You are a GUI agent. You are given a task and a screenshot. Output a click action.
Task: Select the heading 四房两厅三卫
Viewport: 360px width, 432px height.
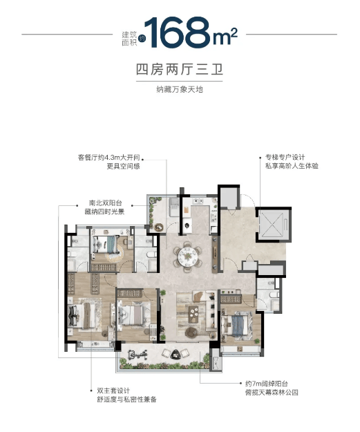[x=180, y=71]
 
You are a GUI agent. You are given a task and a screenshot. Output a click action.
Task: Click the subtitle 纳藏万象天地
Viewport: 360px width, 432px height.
[x=180, y=89]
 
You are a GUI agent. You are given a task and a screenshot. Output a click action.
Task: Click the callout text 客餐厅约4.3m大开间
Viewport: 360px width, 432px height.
[x=113, y=157]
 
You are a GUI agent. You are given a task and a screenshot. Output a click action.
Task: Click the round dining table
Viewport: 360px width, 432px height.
[x=187, y=256]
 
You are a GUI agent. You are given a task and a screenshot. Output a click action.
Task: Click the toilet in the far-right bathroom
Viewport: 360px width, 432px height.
[x=274, y=296]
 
